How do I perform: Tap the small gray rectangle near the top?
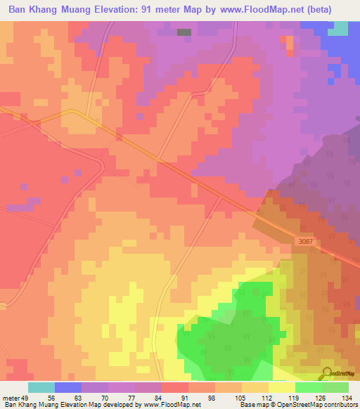click(x=184, y=32)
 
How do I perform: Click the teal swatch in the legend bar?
click(x=41, y=387)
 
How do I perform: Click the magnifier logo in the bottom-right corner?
click(x=328, y=373)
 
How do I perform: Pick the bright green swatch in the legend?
click(x=308, y=387)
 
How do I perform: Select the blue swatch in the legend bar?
click(x=68, y=387)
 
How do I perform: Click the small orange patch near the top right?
click(x=290, y=43)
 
